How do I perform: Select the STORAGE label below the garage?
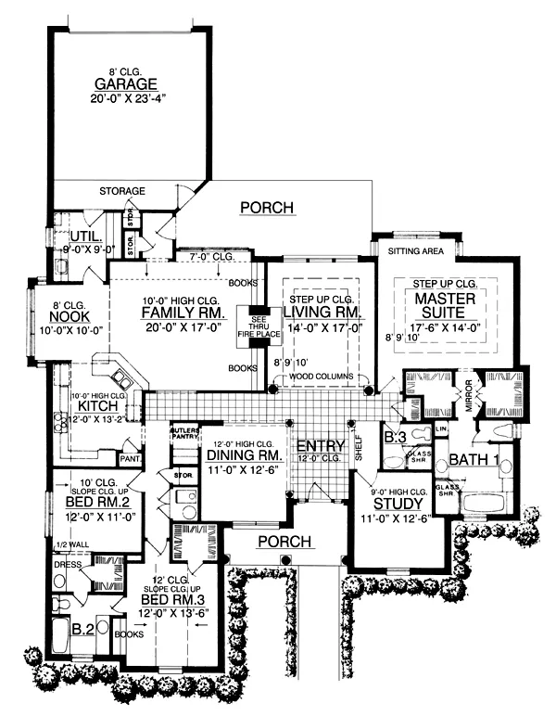click(x=122, y=191)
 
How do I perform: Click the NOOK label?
click(x=67, y=316)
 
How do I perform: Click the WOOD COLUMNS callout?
click(x=318, y=378)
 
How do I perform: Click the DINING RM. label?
click(x=244, y=456)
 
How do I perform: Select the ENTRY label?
click(x=320, y=446)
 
